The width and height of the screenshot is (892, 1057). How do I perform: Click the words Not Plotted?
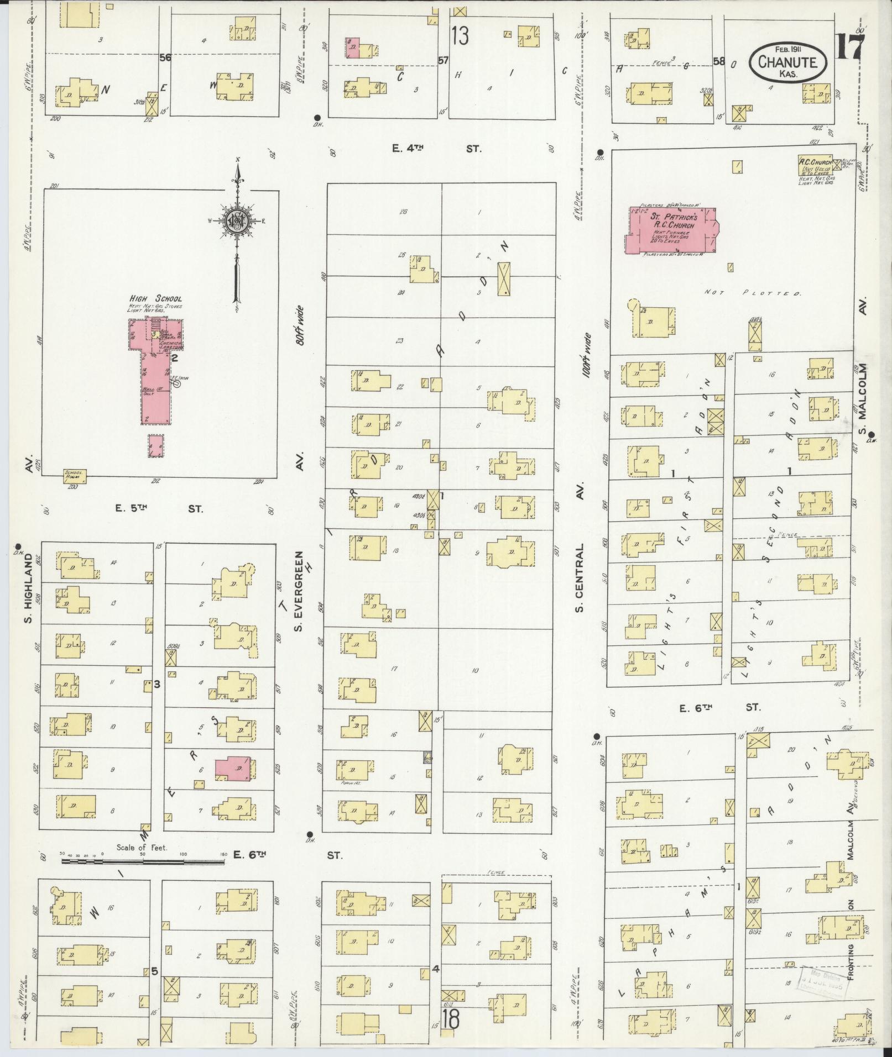click(753, 293)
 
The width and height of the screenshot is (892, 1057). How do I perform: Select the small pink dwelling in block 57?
click(352, 48)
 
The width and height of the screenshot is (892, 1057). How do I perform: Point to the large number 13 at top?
click(460, 36)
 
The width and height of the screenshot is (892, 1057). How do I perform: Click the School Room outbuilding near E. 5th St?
click(74, 475)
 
